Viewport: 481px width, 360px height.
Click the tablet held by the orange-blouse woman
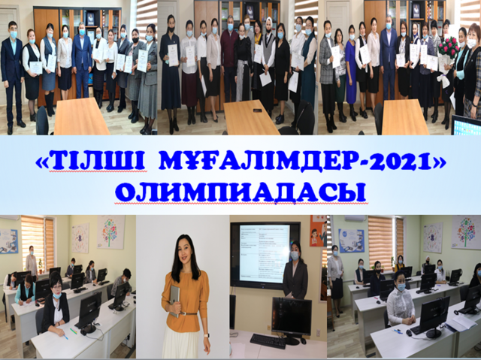point(174,301)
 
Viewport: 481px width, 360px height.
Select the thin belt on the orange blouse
point(188,313)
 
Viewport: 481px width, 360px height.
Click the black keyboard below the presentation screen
point(268,340)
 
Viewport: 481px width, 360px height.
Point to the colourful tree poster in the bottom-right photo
point(466,231)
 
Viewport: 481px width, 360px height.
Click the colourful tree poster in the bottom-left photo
point(110,231)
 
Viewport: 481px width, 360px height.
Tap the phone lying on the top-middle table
point(257,110)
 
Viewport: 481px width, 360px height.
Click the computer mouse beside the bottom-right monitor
point(409,333)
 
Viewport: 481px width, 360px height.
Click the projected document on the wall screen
point(265,253)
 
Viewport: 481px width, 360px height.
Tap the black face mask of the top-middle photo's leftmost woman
point(171,29)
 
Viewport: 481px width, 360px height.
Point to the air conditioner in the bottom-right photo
point(355,218)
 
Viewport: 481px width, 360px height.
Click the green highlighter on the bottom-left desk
point(74,331)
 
